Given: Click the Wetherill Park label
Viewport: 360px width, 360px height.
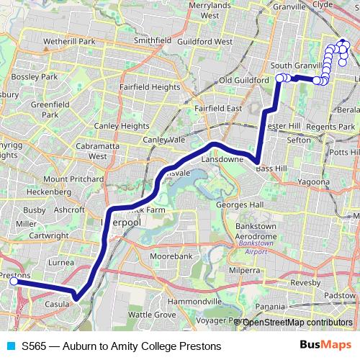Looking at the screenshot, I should pyautogui.click(x=69, y=42).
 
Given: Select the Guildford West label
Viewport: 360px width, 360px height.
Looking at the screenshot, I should pyautogui.click(x=204, y=42).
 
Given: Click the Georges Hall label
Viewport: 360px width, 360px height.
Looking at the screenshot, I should pyautogui.click(x=241, y=205).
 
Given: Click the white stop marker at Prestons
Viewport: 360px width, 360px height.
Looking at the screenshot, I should pyautogui.click(x=13, y=282).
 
